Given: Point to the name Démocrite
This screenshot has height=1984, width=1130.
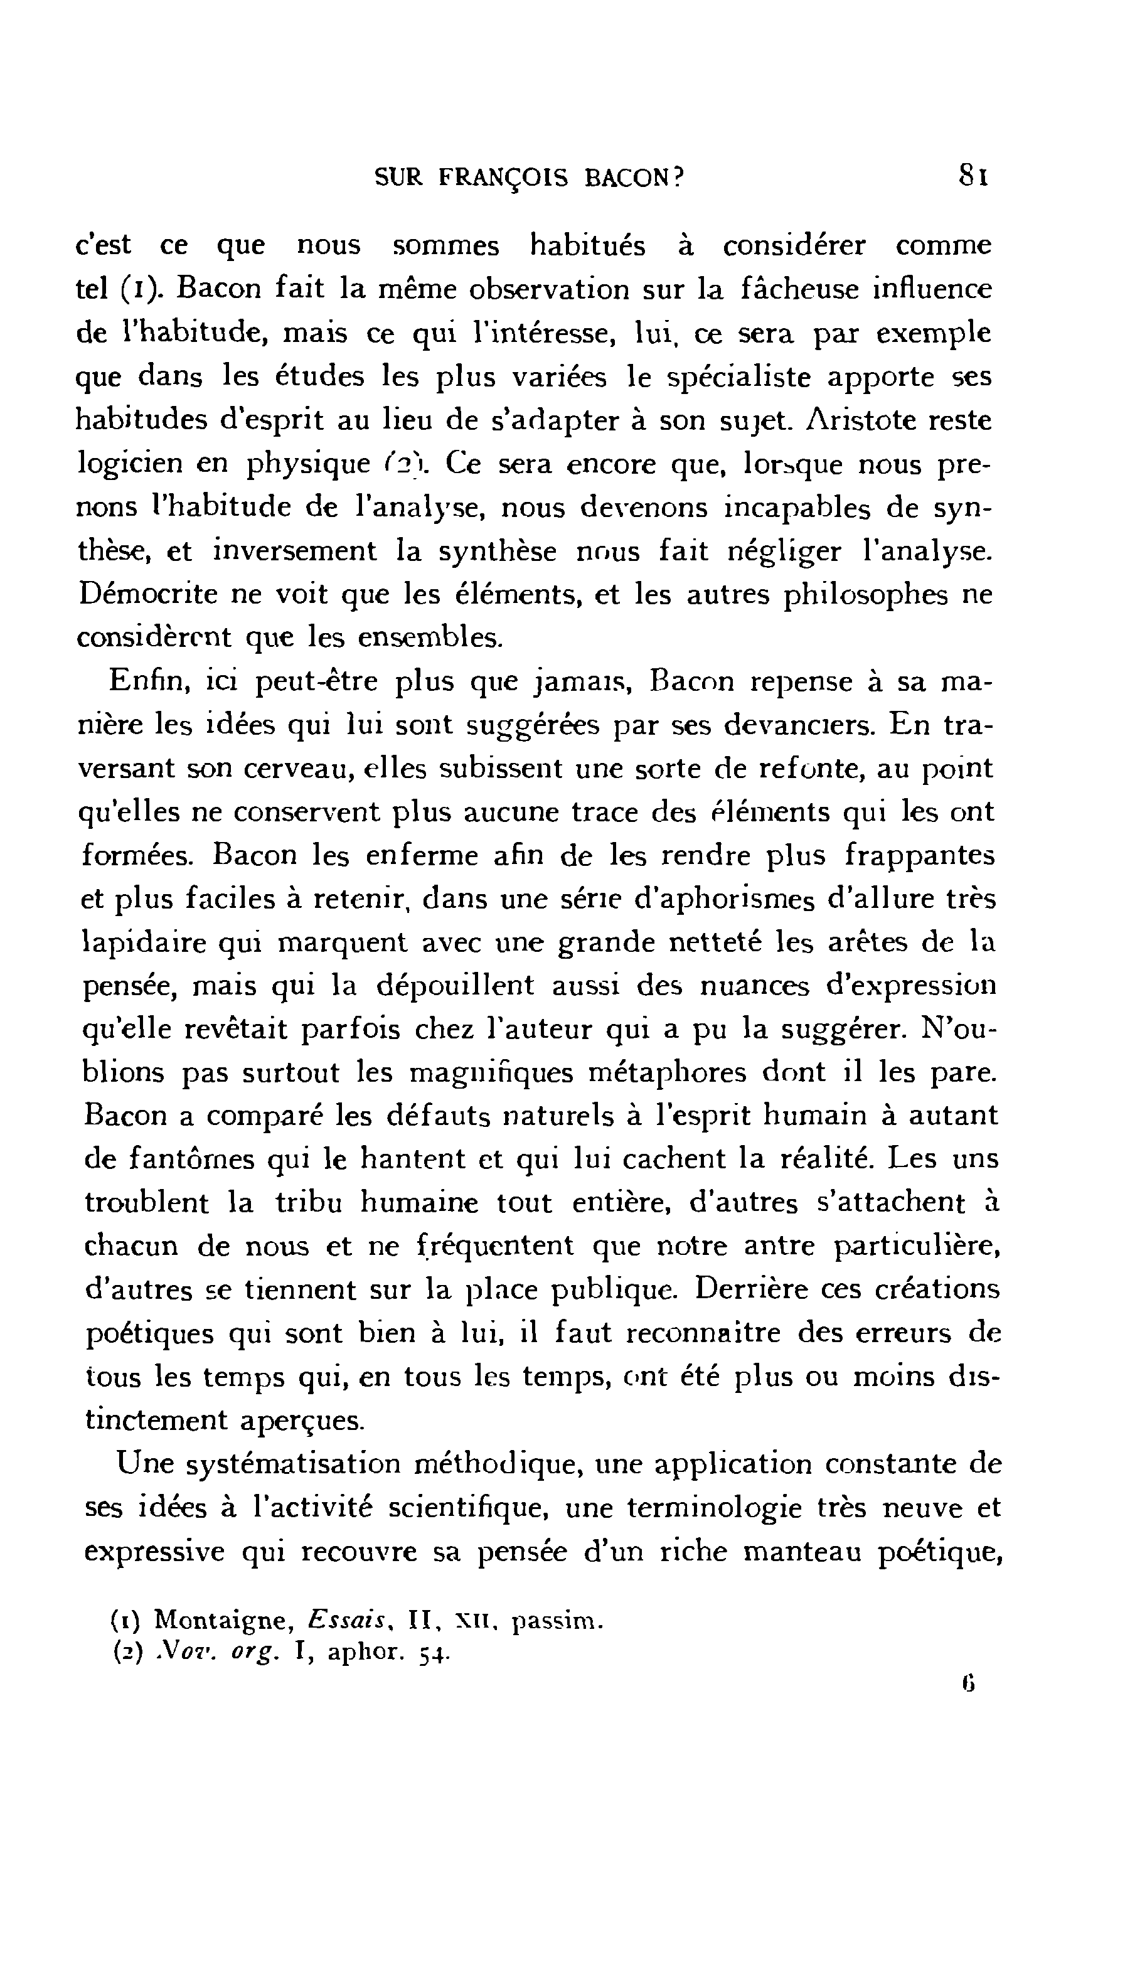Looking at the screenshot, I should pyautogui.click(x=141, y=595).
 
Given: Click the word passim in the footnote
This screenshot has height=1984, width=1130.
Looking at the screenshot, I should pyautogui.click(x=557, y=1621).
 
